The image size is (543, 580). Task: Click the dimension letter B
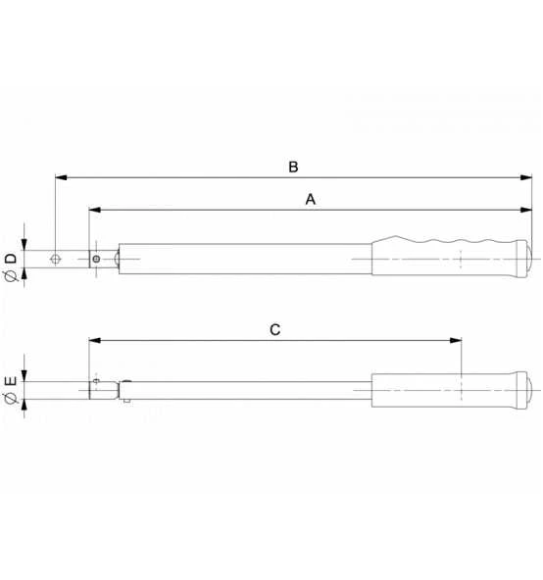292,167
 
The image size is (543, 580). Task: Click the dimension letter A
311,198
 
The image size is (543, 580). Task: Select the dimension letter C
275,330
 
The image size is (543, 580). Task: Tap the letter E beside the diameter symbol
10,380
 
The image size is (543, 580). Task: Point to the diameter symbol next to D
10,277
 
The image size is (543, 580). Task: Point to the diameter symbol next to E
10,399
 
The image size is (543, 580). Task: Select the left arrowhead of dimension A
94,210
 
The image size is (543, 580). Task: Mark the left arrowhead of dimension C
94,341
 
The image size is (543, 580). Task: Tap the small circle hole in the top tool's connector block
96,260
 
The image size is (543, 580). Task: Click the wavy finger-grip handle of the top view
446,257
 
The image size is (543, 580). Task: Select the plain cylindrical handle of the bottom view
446,391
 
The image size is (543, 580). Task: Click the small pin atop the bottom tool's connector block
96,379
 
